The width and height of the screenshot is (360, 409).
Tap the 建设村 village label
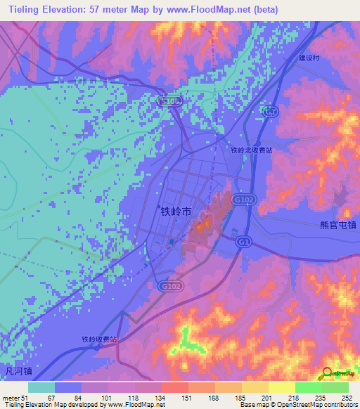[309, 58]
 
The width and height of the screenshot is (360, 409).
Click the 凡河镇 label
[16, 370]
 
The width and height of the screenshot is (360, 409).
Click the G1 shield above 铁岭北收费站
[271, 112]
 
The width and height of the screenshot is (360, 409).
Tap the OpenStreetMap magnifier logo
[328, 372]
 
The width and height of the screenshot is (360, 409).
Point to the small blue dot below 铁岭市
[171, 242]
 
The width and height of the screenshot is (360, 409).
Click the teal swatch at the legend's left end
[41, 387]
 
